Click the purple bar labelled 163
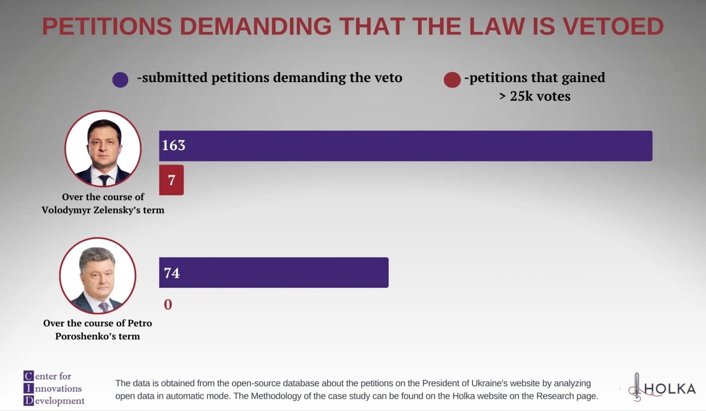[x=405, y=146]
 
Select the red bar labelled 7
[x=171, y=180]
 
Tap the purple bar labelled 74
[x=274, y=272]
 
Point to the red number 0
[x=168, y=304]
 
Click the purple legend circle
[x=120, y=80]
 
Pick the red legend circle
[x=452, y=80]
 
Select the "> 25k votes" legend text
[x=534, y=96]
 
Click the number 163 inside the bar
[x=174, y=145]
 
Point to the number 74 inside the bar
[x=172, y=272]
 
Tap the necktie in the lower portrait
[x=103, y=306]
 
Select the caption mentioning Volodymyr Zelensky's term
[x=103, y=203]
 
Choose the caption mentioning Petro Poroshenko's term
[x=98, y=329]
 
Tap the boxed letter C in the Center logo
[x=28, y=376]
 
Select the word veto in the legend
[x=389, y=78]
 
